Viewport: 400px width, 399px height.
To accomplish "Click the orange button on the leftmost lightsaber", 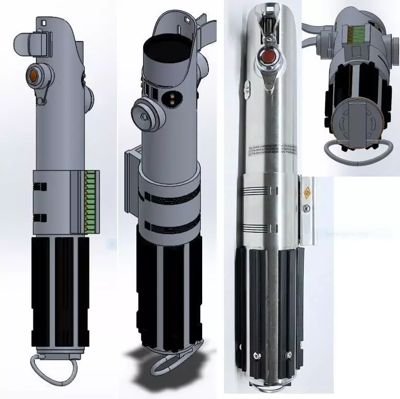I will [34, 74].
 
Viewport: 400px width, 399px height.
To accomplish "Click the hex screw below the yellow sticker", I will [305, 208].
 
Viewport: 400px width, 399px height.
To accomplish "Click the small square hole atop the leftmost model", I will [44, 22].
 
